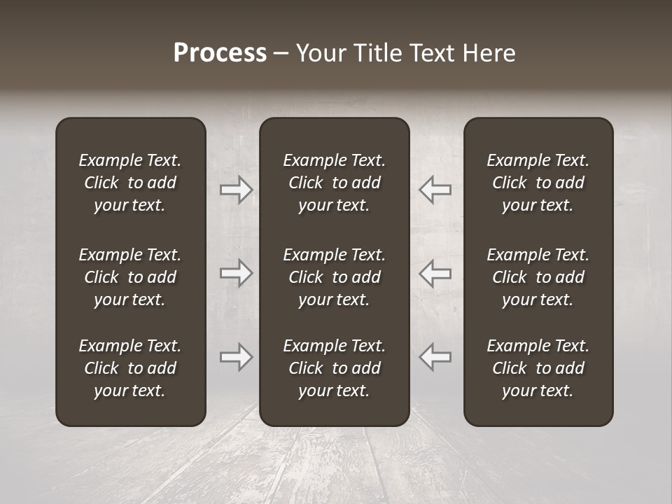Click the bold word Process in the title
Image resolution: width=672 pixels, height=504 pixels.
[220, 53]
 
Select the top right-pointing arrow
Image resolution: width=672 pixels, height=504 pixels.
[236, 190]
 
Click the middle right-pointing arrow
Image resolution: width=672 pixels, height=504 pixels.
[236, 272]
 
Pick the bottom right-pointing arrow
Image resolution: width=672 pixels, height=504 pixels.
[236, 356]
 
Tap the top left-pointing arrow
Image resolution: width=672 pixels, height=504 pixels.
[435, 190]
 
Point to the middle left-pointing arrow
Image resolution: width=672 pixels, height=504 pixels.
[435, 272]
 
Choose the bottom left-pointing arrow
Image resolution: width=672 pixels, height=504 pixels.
[435, 356]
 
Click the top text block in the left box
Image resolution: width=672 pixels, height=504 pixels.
[130, 183]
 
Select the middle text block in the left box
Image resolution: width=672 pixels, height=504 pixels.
[130, 277]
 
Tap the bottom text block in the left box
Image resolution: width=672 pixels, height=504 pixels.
[130, 368]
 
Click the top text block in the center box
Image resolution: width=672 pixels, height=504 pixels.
[335, 183]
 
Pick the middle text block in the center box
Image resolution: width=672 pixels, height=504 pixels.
[335, 277]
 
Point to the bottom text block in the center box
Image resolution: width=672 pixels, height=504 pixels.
[335, 368]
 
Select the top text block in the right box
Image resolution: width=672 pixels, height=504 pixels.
[538, 183]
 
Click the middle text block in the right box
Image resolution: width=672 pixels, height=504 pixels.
[538, 277]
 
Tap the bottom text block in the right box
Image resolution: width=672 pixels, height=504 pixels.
[538, 368]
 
